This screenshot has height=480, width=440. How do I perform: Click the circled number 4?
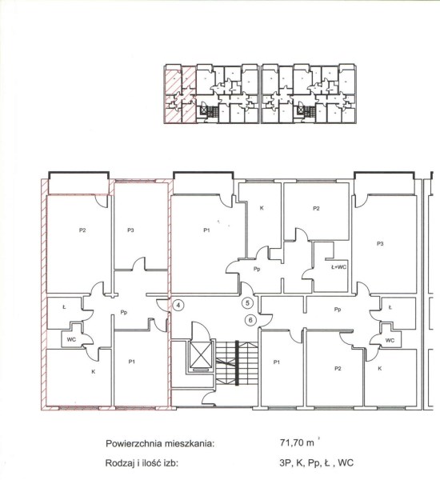point(178,305)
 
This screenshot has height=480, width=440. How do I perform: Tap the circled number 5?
point(247,303)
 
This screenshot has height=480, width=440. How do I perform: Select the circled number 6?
point(250,320)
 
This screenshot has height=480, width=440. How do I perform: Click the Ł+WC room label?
point(338,267)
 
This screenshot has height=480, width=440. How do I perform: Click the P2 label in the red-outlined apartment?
point(82,230)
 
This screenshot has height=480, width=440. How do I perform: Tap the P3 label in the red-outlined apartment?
point(130,230)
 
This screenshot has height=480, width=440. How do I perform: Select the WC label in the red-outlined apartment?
point(71,339)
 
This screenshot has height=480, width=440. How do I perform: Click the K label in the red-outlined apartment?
point(94,372)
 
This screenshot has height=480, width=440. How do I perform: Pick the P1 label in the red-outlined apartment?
point(132,362)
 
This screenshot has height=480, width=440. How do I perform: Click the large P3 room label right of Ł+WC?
point(380,244)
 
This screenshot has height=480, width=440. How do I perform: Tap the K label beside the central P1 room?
point(262,208)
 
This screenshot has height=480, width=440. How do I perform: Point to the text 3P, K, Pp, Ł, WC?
point(316,463)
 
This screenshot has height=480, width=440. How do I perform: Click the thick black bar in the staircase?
point(237,362)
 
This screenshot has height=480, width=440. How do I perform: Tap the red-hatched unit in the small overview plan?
point(180,95)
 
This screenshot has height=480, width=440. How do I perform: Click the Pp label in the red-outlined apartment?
point(124,312)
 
